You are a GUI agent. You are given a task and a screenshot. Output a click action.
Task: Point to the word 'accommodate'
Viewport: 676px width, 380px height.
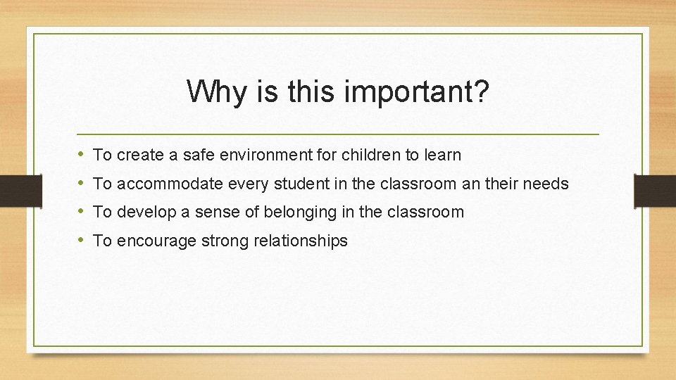(x=168, y=184)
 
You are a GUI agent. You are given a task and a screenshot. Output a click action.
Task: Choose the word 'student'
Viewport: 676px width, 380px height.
(x=290, y=184)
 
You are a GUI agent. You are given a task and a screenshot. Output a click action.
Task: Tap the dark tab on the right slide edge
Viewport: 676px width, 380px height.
(x=655, y=189)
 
